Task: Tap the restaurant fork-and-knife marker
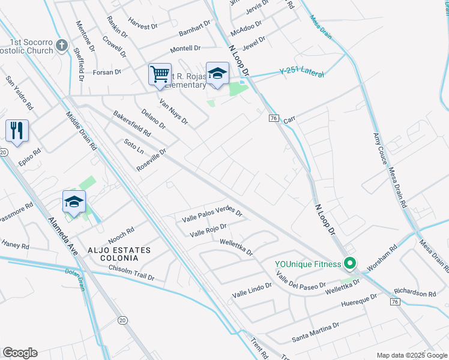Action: pos(17,130)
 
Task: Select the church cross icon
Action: pos(61,45)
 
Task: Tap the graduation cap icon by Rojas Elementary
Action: pos(217,74)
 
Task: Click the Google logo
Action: pos(20,353)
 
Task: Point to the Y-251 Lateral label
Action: pos(302,73)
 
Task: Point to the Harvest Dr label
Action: pos(142,26)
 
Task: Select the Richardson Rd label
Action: pos(415,292)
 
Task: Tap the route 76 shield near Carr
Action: pos(273,119)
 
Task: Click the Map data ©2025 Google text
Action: pos(411,355)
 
